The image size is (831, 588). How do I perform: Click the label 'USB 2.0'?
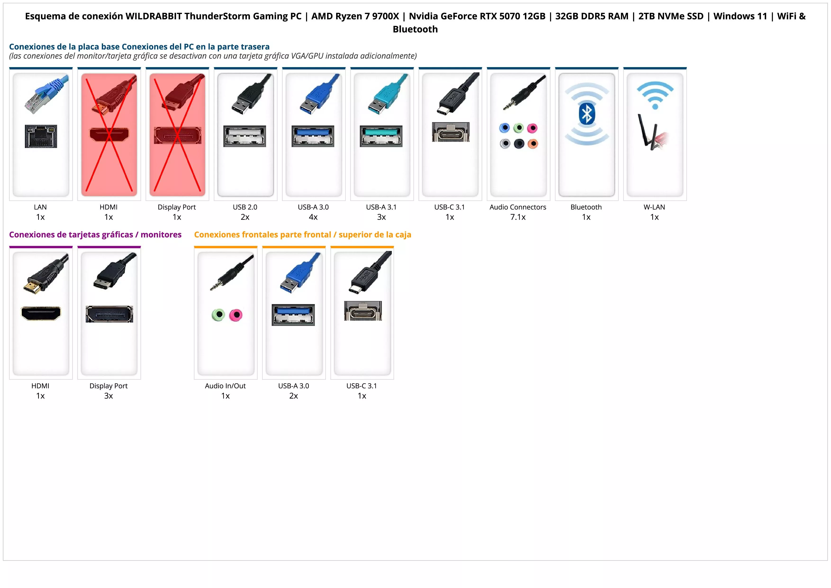pos(245,207)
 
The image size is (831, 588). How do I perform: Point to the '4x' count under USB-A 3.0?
pos(313,217)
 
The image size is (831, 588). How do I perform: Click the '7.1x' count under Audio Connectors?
pos(518,217)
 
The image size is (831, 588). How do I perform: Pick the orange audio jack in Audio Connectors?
pos(533,144)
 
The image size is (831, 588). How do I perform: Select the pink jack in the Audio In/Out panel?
pos(236,315)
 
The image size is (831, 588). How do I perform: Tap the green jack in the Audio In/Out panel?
pos(218,315)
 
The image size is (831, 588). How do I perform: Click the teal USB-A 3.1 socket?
pos(381,136)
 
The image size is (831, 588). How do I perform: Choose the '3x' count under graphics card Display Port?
pos(108,396)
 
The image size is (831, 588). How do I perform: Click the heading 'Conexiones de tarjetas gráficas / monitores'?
pos(95,235)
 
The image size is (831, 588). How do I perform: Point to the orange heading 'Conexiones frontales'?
pos(303,235)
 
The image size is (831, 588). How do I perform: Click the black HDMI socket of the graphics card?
pos(41,313)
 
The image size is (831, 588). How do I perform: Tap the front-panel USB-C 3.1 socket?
pos(363,311)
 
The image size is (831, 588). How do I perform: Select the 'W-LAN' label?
pos(654,207)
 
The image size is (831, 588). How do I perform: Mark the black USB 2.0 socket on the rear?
pos(245,136)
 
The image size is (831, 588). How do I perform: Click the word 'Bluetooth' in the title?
pos(415,29)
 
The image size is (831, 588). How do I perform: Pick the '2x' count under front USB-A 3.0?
pos(294,396)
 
